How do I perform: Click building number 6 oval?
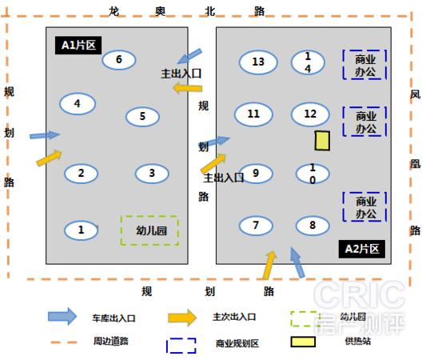(x=119, y=59)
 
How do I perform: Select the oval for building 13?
(x=258, y=62)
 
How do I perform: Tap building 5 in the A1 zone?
(x=142, y=116)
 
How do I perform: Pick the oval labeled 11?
(x=253, y=114)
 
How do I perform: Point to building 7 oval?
(x=256, y=226)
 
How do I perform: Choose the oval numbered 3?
(x=152, y=174)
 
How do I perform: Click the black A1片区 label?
(x=78, y=46)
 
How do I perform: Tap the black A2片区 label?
(x=362, y=249)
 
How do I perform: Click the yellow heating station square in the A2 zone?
(x=322, y=141)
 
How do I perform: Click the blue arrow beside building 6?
(x=189, y=56)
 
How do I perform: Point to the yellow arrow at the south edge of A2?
(x=269, y=265)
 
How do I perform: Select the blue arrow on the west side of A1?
(x=45, y=135)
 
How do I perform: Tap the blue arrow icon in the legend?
(x=62, y=316)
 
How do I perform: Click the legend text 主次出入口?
(x=234, y=317)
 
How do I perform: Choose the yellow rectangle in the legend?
(x=303, y=342)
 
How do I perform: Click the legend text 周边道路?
(x=111, y=341)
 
